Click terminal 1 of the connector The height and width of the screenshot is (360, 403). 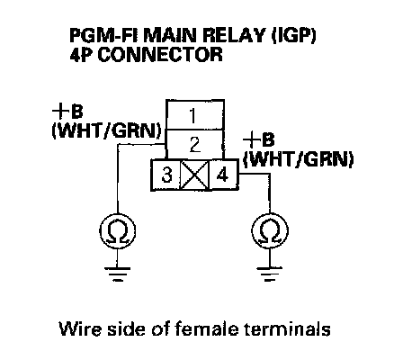195,115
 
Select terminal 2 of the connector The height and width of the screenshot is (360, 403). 195,145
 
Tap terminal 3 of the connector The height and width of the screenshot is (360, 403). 166,175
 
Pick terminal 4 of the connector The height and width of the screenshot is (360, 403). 224,175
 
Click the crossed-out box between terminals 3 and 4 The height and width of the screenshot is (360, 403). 194,175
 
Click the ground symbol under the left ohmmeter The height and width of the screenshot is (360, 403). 117,274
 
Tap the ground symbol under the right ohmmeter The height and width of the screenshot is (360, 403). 270,274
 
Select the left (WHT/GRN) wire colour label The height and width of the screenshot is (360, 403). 107,130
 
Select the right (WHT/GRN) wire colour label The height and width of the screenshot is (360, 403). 299,158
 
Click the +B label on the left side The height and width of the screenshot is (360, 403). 67,112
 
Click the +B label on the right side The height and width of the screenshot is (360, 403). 259,139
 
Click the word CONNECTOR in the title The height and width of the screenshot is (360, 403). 160,55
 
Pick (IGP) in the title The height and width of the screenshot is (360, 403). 294,36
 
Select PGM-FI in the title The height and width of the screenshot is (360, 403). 104,36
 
